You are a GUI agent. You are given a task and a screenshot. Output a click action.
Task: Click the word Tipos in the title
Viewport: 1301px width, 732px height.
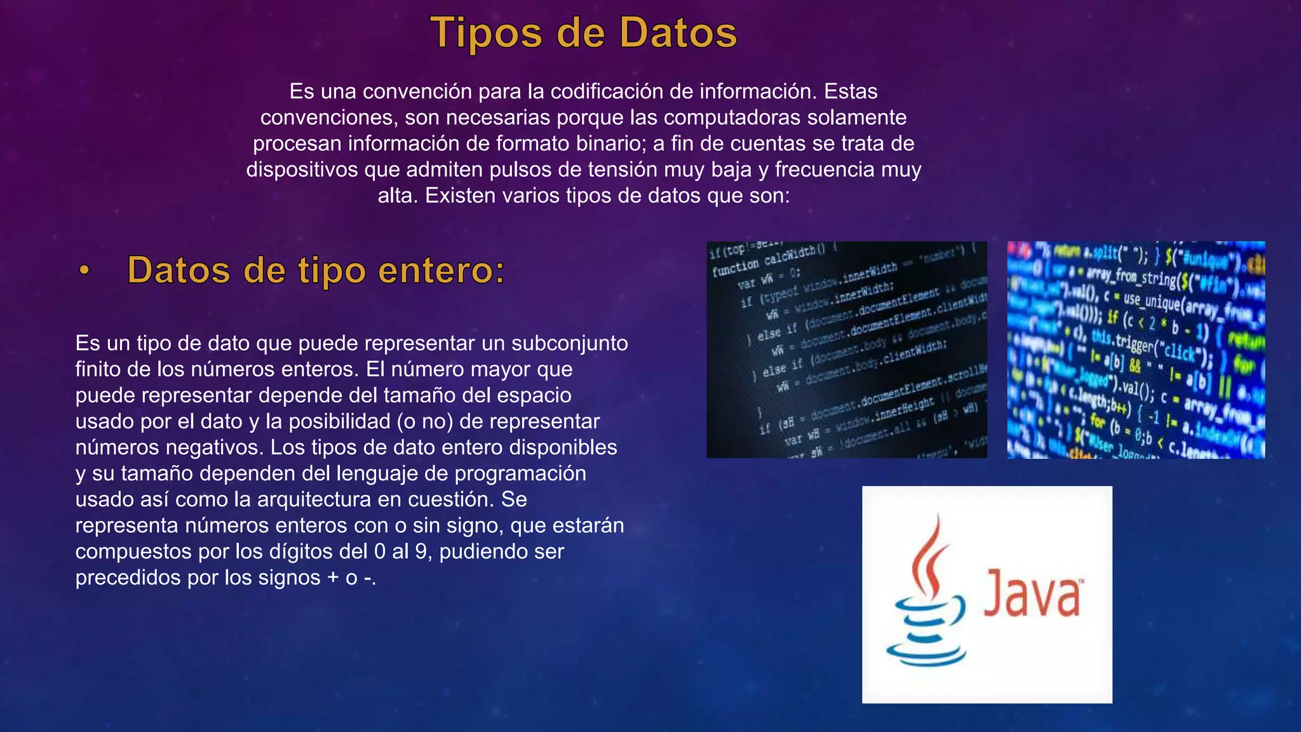point(486,33)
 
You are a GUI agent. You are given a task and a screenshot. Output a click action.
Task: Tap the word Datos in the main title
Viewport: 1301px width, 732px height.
point(678,33)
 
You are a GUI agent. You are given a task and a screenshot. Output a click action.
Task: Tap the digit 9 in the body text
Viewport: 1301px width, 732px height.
point(421,552)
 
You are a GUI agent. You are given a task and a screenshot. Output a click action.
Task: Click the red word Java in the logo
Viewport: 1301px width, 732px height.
point(1032,593)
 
